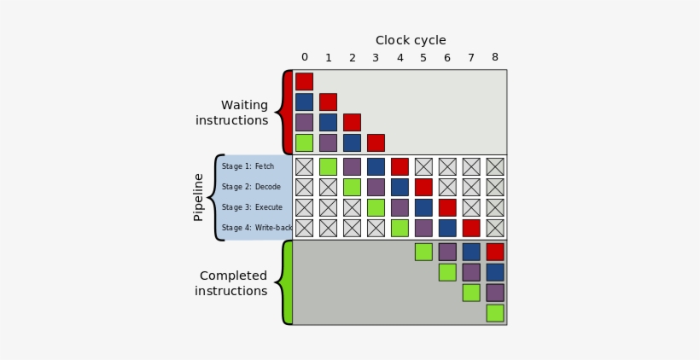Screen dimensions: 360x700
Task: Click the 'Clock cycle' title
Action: tap(411, 40)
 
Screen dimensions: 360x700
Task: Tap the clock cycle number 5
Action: tap(423, 58)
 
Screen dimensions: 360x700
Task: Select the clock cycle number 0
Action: tap(305, 58)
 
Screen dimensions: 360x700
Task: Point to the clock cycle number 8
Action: tap(495, 58)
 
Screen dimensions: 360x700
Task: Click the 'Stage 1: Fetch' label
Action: tap(248, 166)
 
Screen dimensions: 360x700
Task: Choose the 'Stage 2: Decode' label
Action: tap(251, 187)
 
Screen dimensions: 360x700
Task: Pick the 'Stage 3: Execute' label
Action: tap(252, 207)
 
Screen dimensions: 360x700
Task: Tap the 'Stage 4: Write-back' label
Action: tap(257, 228)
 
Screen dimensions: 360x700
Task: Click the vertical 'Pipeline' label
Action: tap(199, 197)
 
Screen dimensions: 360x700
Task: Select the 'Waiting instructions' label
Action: tap(232, 113)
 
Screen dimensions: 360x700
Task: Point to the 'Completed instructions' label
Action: tap(231, 283)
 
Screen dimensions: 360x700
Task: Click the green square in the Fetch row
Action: tap(328, 166)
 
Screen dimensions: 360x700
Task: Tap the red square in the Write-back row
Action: tap(471, 228)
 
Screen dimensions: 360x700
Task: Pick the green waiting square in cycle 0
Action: tap(304, 142)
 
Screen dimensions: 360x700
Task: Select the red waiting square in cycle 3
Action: tap(376, 142)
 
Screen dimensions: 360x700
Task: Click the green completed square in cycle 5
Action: tap(423, 252)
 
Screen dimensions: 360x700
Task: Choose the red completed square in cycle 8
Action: tap(495, 252)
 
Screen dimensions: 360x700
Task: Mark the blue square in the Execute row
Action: tap(423, 207)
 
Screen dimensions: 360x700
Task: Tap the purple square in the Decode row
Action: tap(376, 187)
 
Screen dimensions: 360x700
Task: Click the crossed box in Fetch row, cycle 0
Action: tap(304, 166)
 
